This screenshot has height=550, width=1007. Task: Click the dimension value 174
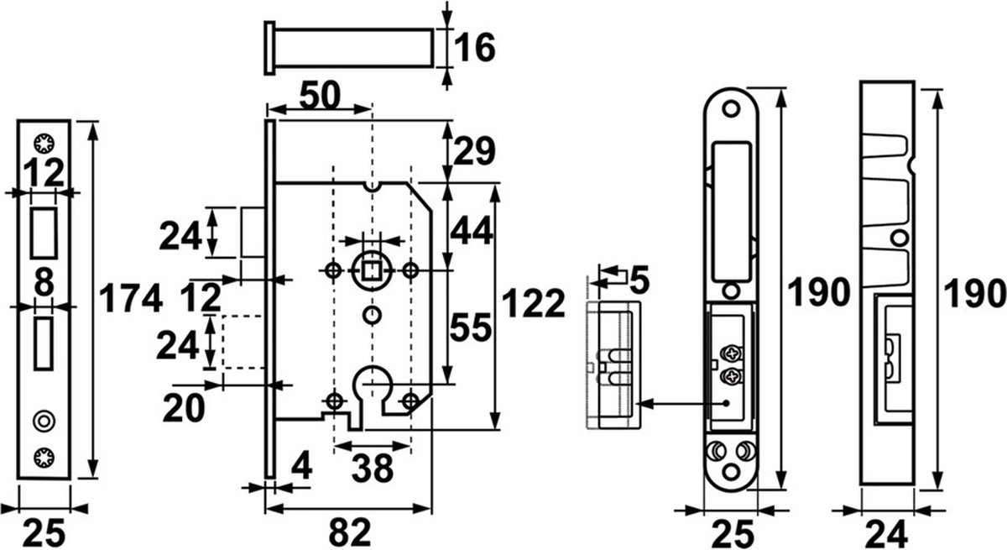tap(130, 298)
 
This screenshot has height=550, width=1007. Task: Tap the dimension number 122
tap(533, 304)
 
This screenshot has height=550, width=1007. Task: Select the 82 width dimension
tap(350, 532)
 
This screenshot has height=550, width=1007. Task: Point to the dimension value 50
tap(320, 96)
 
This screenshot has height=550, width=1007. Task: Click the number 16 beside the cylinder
tap(475, 47)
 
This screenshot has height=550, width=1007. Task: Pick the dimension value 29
tap(474, 151)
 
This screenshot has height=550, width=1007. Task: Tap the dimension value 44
tap(472, 231)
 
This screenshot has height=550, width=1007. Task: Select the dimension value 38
tap(373, 468)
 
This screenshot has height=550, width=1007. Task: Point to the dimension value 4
tap(301, 466)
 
